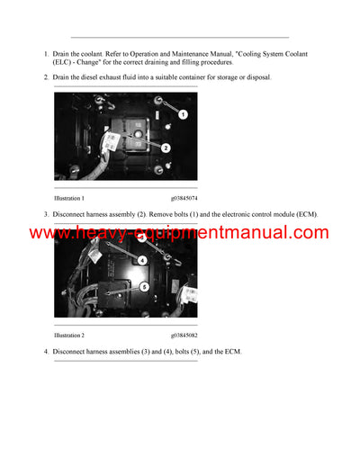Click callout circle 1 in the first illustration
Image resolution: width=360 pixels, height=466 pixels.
click(x=183, y=114)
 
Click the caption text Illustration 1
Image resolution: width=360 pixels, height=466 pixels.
click(x=69, y=197)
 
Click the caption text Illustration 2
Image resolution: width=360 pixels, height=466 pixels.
click(x=69, y=335)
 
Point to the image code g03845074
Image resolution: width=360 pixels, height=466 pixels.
click(x=186, y=197)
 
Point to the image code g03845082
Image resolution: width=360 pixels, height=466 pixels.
click(x=186, y=335)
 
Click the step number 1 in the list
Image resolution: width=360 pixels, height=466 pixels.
click(x=46, y=54)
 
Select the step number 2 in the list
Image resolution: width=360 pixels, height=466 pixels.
click(x=46, y=77)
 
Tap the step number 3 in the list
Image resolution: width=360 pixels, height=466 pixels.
click(x=46, y=214)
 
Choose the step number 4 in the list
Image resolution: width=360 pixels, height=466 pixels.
click(x=46, y=351)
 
